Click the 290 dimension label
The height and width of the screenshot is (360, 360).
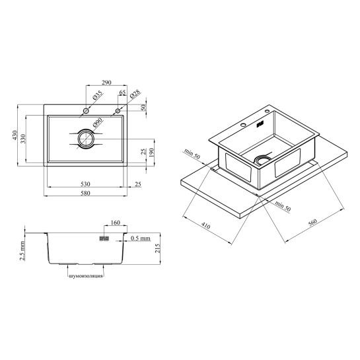coord(106,82)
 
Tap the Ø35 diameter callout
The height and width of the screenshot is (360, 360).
coord(97,95)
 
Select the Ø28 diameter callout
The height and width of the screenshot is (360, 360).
coord(135,94)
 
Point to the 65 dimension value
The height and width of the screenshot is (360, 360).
coord(123,92)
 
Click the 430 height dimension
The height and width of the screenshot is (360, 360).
coord(15,135)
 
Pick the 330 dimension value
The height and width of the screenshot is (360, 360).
coord(23,139)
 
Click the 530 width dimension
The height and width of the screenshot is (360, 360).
coord(85,184)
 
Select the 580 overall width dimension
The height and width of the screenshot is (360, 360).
coord(85,193)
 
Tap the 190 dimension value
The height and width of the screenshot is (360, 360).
coord(151,153)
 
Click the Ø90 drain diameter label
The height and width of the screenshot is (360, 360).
coord(98,123)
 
